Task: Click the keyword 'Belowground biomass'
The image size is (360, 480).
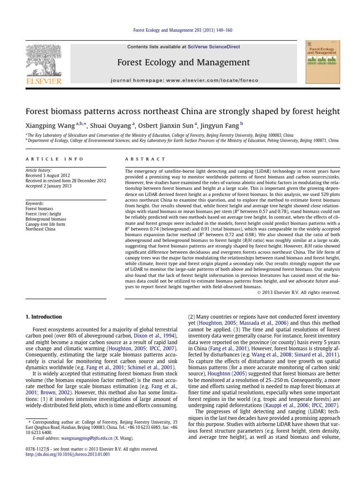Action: pos(45,219)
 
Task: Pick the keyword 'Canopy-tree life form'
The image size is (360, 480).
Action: pos(46,224)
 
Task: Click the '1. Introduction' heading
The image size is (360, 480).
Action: pos(44,317)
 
